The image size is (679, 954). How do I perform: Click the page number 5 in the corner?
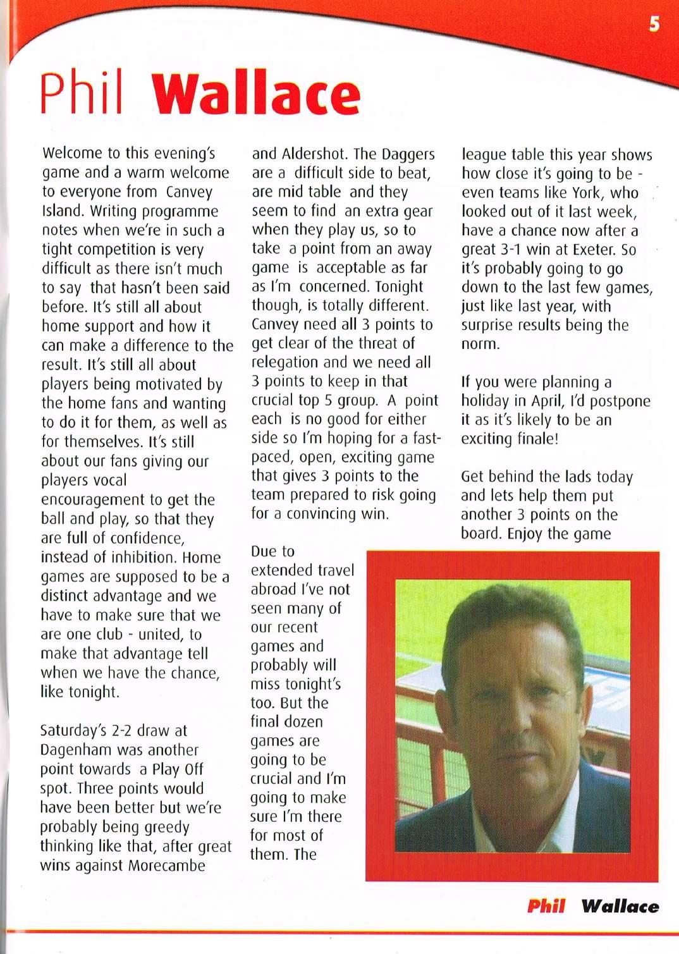pos(654,24)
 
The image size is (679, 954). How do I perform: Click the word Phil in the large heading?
pos(82,93)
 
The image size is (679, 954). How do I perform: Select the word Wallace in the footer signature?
pos(620,906)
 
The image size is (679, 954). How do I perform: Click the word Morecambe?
pos(167,865)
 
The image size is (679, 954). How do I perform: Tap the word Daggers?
pos(408,154)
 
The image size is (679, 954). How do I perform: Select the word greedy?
pos(161,827)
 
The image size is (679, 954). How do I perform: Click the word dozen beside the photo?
pos(301,722)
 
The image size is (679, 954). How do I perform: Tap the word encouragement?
pos(92,499)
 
